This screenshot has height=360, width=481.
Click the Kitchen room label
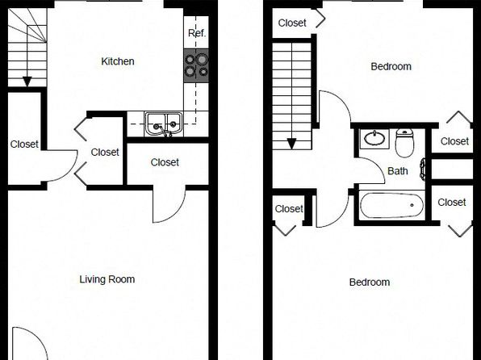coord(118,61)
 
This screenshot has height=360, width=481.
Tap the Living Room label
coord(107,279)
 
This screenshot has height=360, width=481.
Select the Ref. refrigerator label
coord(197,33)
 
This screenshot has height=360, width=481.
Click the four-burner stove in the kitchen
coord(196,65)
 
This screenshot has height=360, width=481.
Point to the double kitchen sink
coord(164,124)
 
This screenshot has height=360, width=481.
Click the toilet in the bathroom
coord(404,143)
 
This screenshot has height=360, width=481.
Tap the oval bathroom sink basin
coord(374,138)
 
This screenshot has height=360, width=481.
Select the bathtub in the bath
coord(391,205)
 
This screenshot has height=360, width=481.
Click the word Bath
coord(398,171)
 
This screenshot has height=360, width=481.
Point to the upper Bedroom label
coord(391,67)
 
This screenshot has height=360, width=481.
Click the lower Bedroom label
coord(370,283)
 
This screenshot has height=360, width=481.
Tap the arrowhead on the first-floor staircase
coord(27,82)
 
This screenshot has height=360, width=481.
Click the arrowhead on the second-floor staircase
coord(291,144)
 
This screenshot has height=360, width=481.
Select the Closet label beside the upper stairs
coord(292,23)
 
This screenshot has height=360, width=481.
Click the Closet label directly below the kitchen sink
coord(165,162)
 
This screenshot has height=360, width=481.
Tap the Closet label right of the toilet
coord(454,141)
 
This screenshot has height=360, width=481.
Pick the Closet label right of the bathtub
coord(452,203)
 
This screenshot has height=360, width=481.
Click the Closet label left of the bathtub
coord(289,209)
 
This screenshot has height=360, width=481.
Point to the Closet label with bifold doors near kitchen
coord(105,153)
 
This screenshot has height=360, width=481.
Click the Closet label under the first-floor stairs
coord(24,144)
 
